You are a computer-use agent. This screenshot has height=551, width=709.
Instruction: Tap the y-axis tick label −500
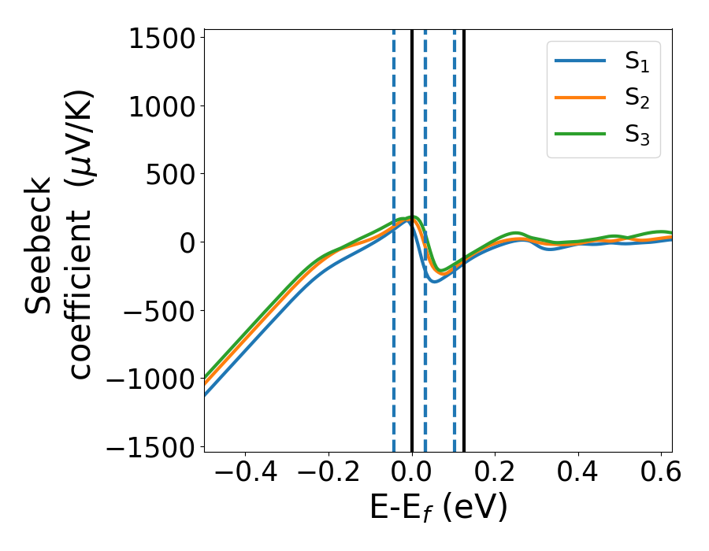[156, 310]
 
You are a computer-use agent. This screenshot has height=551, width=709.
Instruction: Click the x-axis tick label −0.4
[245, 473]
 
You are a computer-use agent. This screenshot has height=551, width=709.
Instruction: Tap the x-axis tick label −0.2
[329, 473]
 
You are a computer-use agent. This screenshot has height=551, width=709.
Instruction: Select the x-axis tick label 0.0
[411, 473]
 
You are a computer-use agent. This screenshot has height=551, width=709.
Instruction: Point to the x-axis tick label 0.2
[495, 473]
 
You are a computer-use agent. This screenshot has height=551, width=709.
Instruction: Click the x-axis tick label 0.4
[578, 473]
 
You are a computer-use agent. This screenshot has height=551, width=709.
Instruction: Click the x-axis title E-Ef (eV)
[438, 508]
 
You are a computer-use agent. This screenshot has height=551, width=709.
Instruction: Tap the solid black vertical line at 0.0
[412, 354]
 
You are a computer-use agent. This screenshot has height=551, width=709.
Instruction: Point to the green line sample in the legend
[581, 134]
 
